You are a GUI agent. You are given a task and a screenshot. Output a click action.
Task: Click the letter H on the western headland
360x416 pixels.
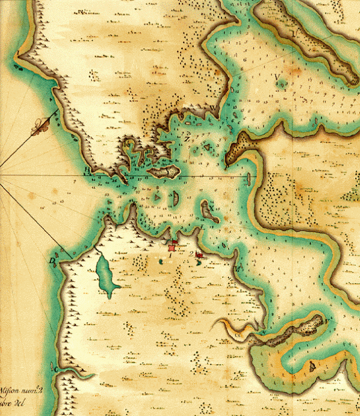(88, 170)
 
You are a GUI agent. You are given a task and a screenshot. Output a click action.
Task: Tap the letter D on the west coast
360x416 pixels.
(53, 262)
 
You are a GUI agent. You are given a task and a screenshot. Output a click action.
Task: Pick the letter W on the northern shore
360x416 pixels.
(214, 109)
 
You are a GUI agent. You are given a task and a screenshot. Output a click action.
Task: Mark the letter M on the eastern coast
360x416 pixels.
(238, 268)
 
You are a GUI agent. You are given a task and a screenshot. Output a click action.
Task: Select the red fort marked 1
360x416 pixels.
(173, 245)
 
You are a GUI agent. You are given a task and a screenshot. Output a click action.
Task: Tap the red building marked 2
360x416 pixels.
(199, 255)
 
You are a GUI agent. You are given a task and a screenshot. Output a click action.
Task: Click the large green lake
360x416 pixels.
(106, 276)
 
